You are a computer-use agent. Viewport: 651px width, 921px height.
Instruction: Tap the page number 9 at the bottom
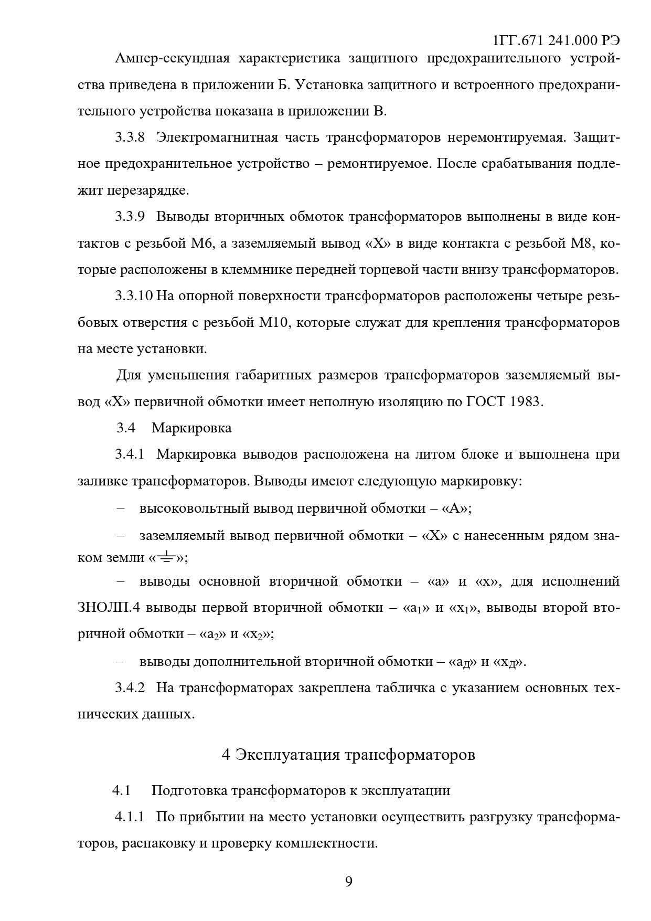(349, 881)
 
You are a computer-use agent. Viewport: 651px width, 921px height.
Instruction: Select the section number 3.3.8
(130, 137)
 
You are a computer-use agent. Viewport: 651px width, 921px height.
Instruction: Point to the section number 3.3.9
(130, 217)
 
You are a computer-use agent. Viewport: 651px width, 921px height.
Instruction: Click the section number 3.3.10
(133, 296)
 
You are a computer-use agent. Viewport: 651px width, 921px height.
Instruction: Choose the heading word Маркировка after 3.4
(191, 428)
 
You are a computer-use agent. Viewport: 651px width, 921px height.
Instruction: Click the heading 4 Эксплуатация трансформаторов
(349, 755)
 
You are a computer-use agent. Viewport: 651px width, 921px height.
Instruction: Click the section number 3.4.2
(130, 687)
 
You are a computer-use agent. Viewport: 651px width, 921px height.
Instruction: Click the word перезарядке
(148, 190)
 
